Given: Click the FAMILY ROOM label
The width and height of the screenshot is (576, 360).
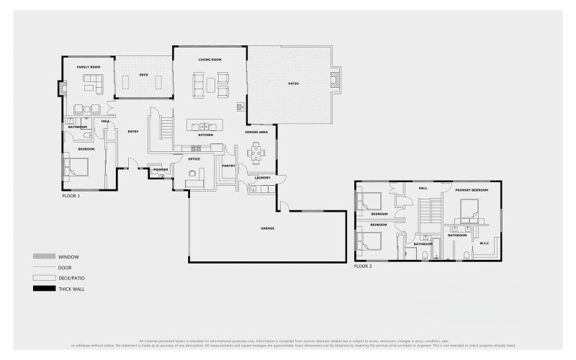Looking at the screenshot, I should [x=89, y=67].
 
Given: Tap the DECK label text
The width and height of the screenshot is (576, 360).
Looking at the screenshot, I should [x=143, y=74].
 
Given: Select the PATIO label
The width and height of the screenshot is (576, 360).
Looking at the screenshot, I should [x=294, y=84].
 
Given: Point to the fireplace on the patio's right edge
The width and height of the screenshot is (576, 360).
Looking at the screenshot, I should [x=334, y=81].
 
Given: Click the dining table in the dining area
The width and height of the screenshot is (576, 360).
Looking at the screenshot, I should [x=256, y=153].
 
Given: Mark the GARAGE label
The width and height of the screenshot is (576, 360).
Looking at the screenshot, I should [x=267, y=228].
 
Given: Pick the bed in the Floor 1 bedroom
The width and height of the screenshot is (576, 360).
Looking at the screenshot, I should [x=78, y=167].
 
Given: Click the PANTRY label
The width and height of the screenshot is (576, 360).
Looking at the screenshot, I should [x=229, y=166].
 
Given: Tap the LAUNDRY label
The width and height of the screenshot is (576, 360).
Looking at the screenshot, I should [x=262, y=178].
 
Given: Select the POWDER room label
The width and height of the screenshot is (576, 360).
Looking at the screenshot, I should [x=161, y=169].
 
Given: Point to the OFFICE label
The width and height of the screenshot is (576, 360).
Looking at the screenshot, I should [x=194, y=158].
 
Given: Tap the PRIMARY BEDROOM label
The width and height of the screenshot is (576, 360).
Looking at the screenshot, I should [x=472, y=189].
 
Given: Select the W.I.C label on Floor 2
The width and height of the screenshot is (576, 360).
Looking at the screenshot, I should [x=484, y=243].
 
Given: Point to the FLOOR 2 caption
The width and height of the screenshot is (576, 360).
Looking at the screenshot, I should [x=363, y=266].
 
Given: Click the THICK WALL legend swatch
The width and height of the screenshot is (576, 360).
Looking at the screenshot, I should [x=43, y=288].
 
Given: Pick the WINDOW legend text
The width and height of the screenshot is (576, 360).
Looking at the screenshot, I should [x=69, y=256].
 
